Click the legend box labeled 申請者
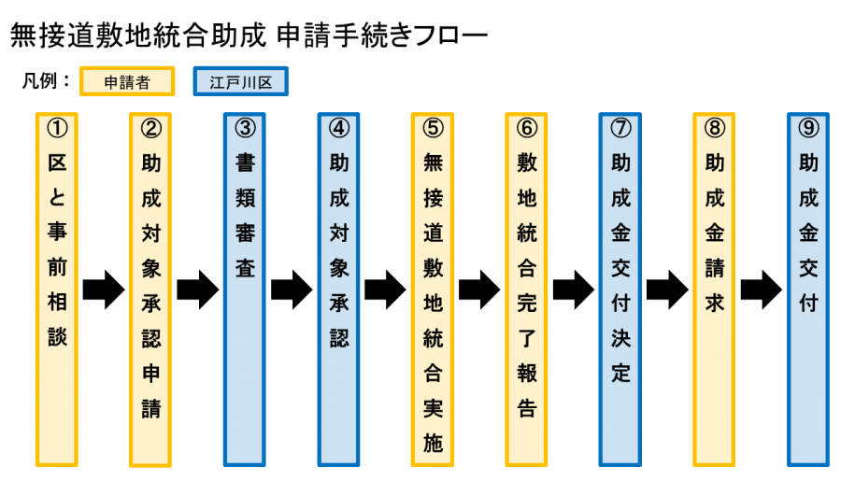[127, 81]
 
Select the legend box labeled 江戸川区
[240, 81]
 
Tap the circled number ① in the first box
[57, 128]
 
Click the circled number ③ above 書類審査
[245, 128]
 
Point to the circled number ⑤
[433, 128]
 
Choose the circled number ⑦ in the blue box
[620, 128]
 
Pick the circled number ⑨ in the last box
[808, 128]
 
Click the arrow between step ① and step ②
[103, 290]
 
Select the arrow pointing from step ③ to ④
[291, 290]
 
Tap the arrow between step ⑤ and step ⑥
[479, 290]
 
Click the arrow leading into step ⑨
[762, 290]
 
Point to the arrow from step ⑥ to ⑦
[574, 290]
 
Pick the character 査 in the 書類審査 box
[245, 268]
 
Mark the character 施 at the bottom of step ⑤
[433, 445]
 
